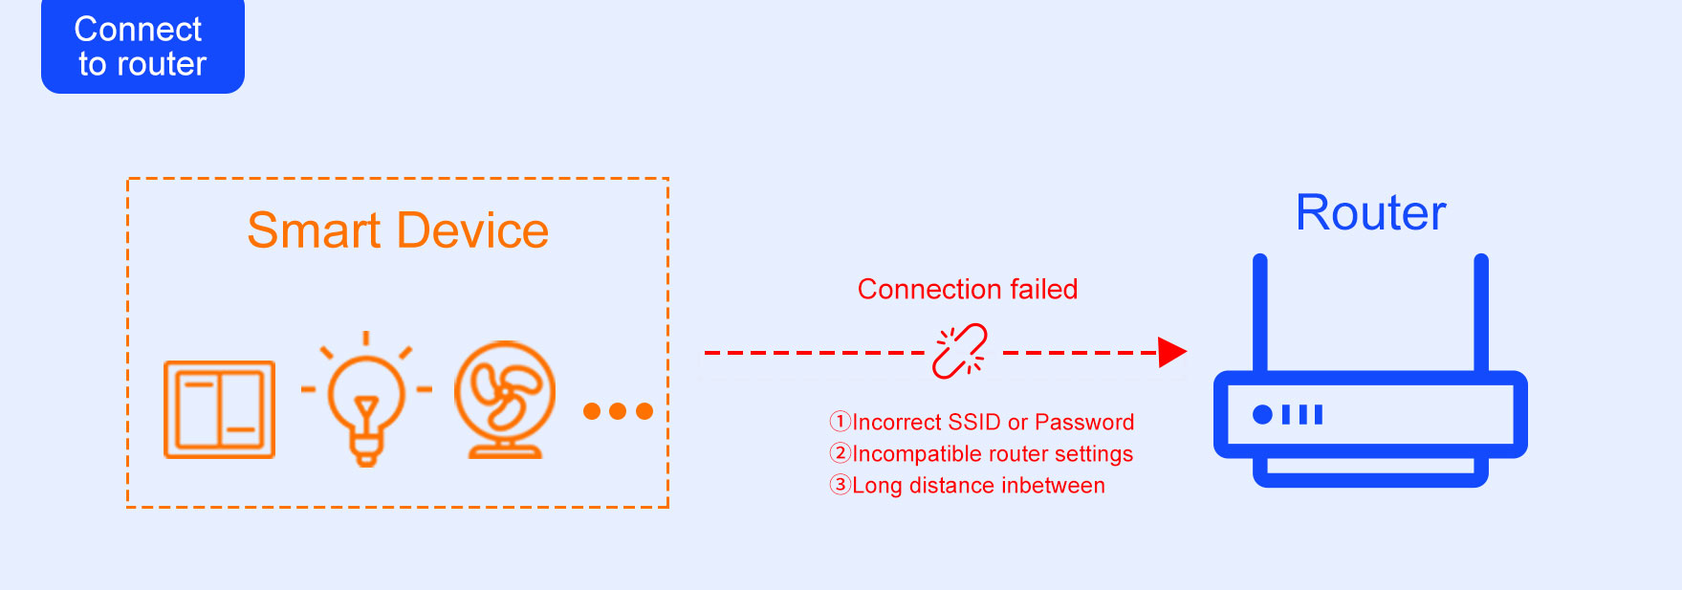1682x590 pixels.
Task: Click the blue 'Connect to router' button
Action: coord(142,46)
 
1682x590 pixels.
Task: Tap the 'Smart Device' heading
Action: coord(398,230)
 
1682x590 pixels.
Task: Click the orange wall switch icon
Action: coord(219,409)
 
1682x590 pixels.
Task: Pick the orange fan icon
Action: coord(505,400)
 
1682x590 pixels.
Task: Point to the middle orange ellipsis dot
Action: coord(618,411)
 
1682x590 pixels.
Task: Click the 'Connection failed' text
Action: coord(967,289)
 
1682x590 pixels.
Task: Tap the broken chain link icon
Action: coord(960,351)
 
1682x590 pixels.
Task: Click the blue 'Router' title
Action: coord(1370,212)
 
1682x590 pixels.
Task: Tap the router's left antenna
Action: coord(1260,312)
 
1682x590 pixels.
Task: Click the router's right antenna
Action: coord(1481,312)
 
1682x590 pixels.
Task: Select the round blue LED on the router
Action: coord(1262,414)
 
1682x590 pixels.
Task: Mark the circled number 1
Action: coord(840,422)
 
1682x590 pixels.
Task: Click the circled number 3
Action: coord(840,485)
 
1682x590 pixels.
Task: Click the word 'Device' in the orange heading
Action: coord(472,230)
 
